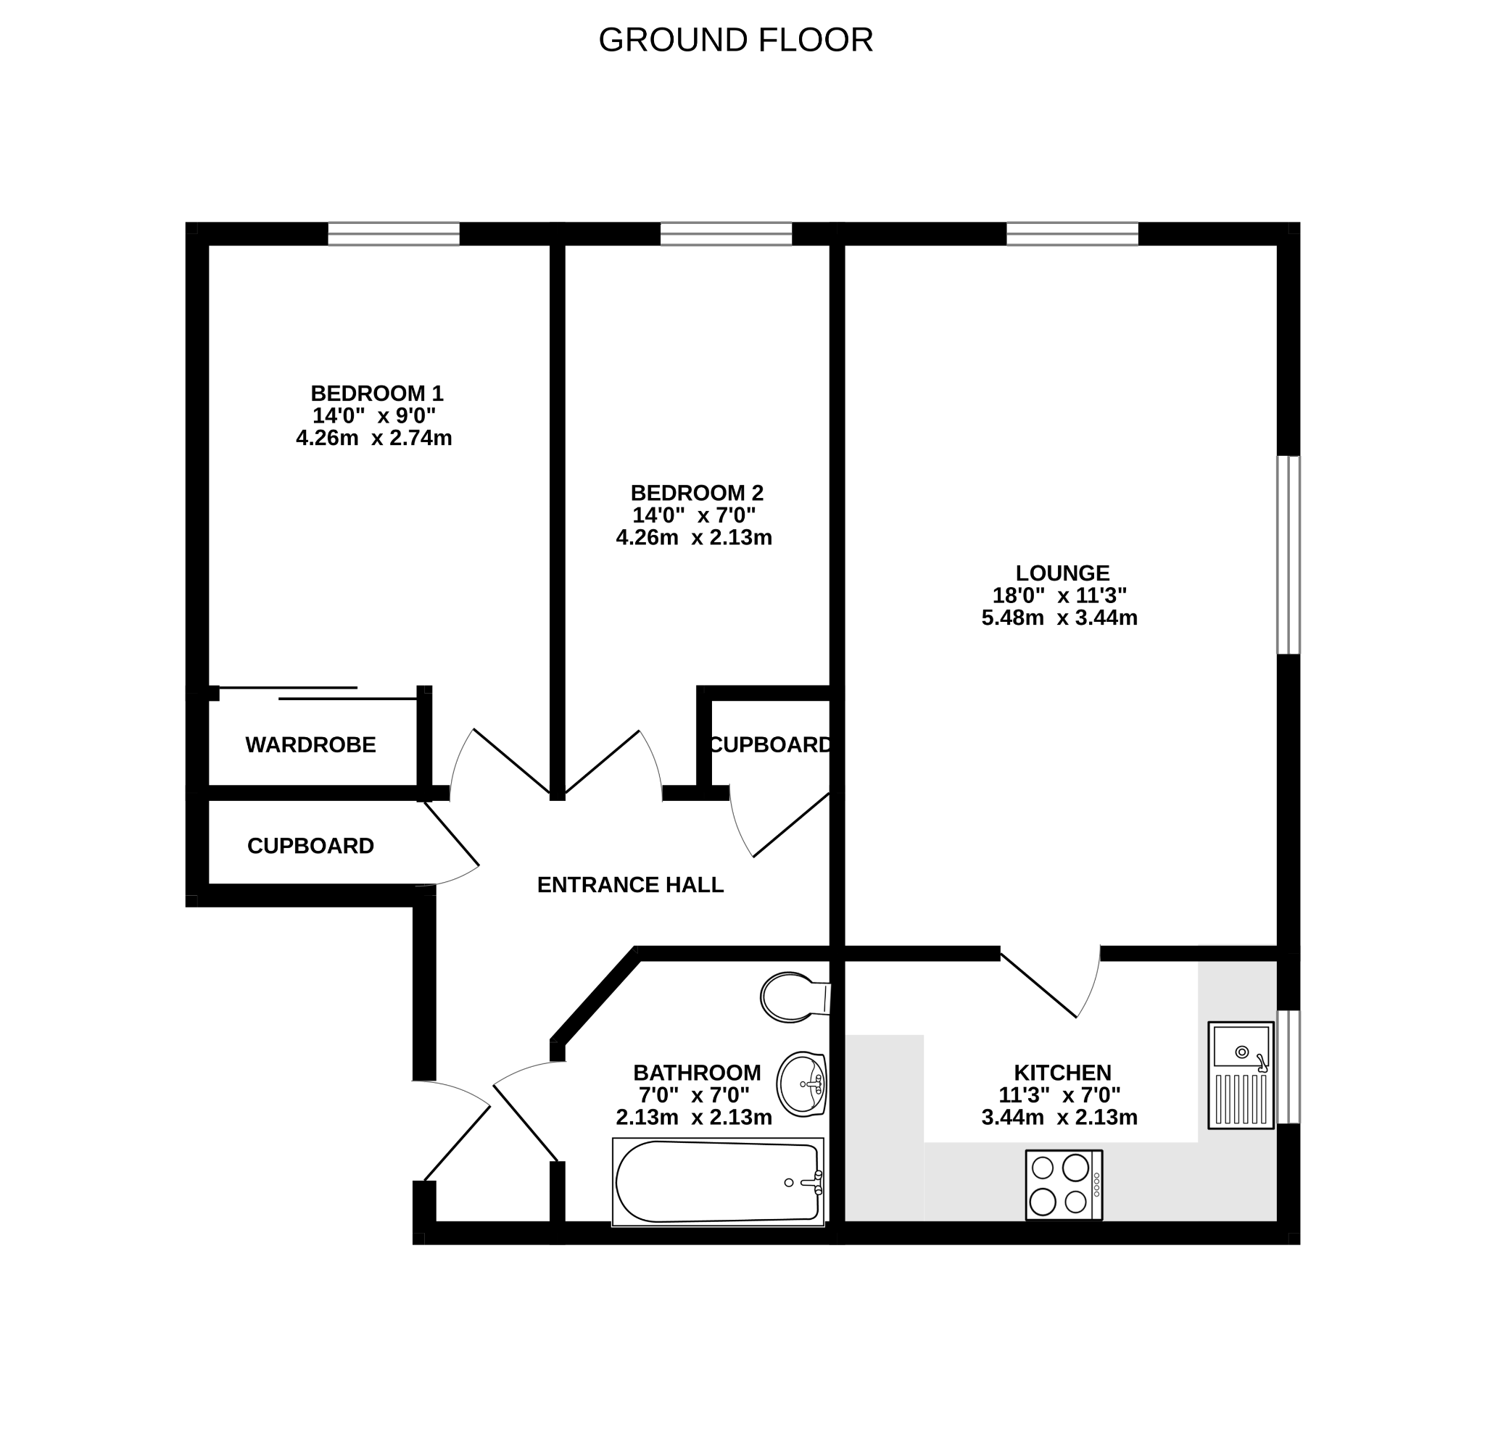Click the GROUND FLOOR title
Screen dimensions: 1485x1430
point(736,40)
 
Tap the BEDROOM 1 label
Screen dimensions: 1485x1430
point(376,394)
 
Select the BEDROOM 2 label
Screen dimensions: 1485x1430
point(697,493)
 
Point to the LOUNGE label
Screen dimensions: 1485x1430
point(1062,573)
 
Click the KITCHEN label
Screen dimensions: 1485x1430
point(1062,1073)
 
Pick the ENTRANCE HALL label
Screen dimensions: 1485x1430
point(630,885)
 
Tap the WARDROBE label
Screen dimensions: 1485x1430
point(310,745)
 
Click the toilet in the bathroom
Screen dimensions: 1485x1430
point(795,997)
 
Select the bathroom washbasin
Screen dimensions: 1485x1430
point(802,1084)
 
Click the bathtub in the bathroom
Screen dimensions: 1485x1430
point(718,1182)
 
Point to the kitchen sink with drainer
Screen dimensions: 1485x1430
point(1241,1076)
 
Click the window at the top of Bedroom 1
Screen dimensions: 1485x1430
point(394,234)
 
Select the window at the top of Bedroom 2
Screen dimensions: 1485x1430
point(727,234)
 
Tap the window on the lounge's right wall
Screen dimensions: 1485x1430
point(1288,554)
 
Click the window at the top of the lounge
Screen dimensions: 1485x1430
point(1072,234)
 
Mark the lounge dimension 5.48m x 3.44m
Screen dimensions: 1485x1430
point(1059,618)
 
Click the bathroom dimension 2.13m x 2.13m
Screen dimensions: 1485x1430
point(694,1117)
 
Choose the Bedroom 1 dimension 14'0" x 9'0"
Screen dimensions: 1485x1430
point(374,416)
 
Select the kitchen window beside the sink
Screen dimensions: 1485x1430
point(1288,1066)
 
